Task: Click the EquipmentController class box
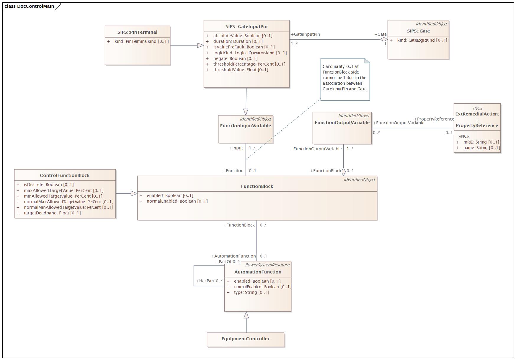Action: (x=246, y=340)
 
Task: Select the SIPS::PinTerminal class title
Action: (x=137, y=32)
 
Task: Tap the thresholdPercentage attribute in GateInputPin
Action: (x=249, y=64)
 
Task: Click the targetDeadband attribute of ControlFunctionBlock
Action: (x=52, y=213)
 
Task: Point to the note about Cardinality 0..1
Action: (x=345, y=79)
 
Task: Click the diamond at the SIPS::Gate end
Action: (x=383, y=39)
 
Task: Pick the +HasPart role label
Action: (x=210, y=281)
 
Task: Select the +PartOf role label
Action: (x=228, y=262)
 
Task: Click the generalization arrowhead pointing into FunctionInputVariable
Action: (x=246, y=112)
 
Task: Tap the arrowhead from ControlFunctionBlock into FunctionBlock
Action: (x=134, y=193)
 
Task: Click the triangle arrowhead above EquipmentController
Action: (x=246, y=315)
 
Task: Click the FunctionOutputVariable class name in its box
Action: (x=342, y=123)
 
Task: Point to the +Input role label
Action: (x=236, y=148)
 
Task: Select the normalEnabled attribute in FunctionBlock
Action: (x=177, y=201)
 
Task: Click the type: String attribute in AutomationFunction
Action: (x=252, y=292)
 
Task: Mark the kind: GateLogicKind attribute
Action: (x=422, y=40)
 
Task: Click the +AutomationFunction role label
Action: (x=233, y=256)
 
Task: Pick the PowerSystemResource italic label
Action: (x=267, y=265)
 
